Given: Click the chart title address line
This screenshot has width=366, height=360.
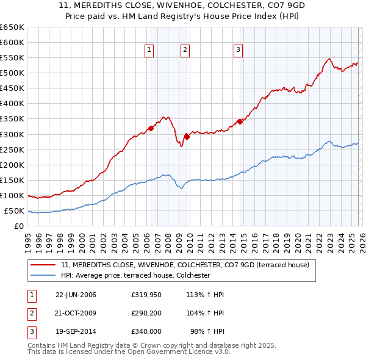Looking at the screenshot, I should (182, 7).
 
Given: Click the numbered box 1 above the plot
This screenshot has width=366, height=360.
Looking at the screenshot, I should (149, 50).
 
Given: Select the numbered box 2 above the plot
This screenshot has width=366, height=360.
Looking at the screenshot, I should (185, 50).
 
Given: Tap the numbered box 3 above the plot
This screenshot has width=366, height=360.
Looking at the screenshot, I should (238, 50).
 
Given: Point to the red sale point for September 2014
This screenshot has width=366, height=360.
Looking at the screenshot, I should (240, 121).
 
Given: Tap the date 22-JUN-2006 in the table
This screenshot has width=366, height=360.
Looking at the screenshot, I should (76, 295).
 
